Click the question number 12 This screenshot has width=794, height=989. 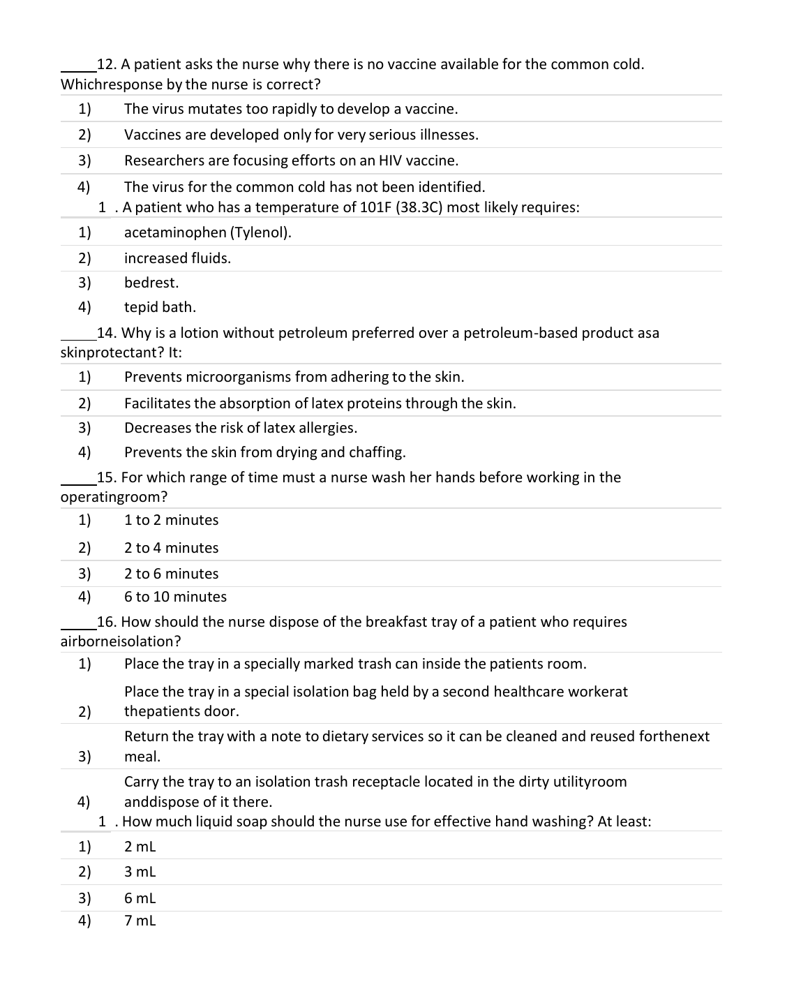pyautogui.click(x=107, y=65)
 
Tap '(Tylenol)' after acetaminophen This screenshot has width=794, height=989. pyautogui.click(x=260, y=232)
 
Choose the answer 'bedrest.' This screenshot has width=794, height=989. pyautogui.click(x=151, y=283)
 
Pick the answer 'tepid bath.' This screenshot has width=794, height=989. pyautogui.click(x=160, y=307)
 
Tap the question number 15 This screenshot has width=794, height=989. pyautogui.click(x=107, y=477)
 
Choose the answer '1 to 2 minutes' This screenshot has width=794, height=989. pyautogui.click(x=171, y=520)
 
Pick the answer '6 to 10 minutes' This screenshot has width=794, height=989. pyautogui.click(x=175, y=597)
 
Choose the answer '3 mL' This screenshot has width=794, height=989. pyautogui.click(x=140, y=872)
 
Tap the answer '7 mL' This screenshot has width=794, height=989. pyautogui.click(x=140, y=921)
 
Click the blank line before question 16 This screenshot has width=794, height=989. pyautogui.click(x=78, y=625)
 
